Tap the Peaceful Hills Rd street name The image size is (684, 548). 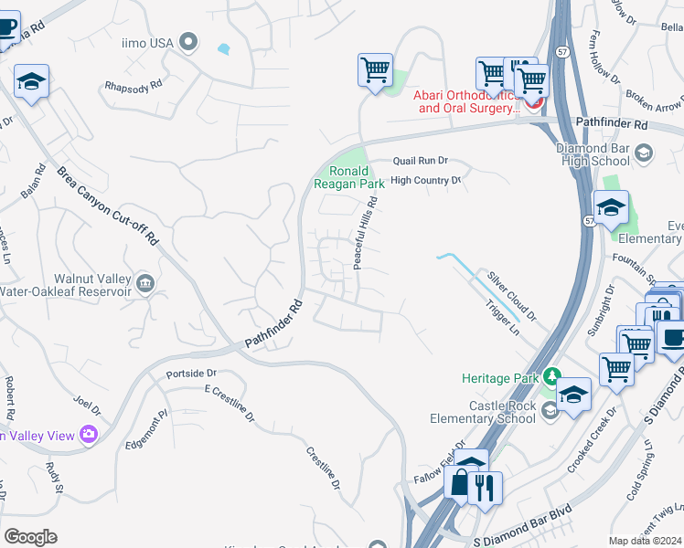coord(365,236)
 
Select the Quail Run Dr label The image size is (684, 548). coord(420,160)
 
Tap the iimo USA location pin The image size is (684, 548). coord(189,41)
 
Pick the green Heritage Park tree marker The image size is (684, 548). coord(551,376)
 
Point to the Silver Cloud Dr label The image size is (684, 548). coord(511,293)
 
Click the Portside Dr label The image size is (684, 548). coord(191,374)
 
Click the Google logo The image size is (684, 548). coord(30,536)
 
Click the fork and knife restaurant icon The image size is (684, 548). coord(486,488)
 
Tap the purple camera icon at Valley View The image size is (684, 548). coord(89,434)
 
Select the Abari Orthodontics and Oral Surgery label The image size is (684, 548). coord(466,100)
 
